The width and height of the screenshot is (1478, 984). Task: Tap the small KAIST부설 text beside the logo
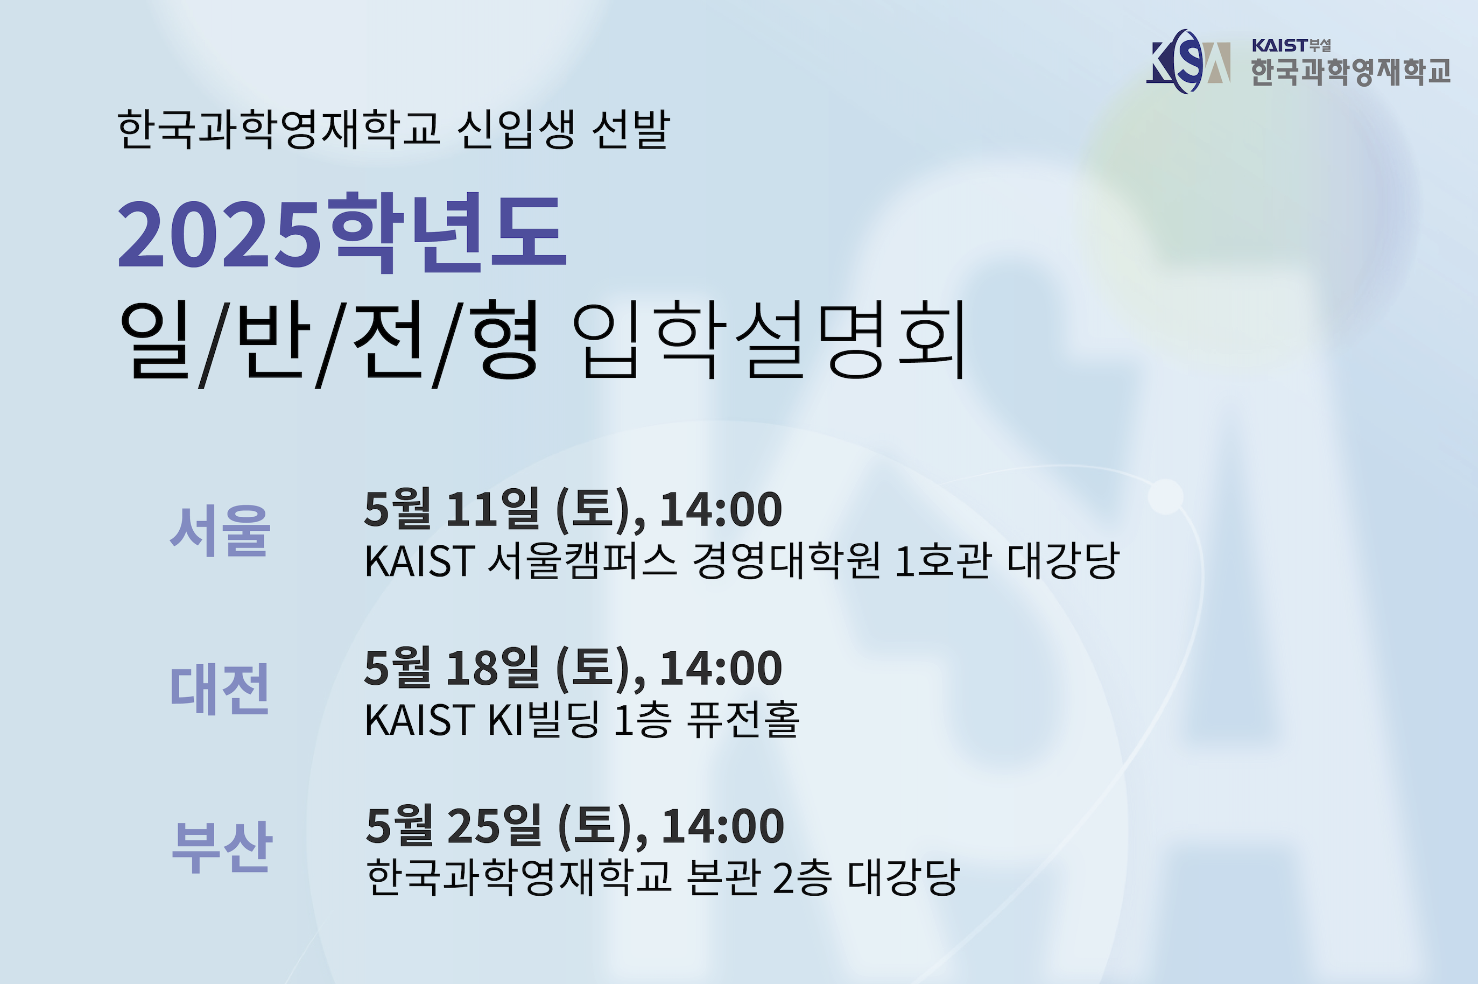coord(1291,45)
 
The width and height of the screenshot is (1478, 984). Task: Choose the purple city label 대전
coord(220,689)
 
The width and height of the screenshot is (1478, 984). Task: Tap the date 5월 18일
coord(452,667)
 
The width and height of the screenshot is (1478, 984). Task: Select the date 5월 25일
coord(454,825)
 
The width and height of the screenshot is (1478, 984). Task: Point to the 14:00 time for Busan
coord(723,826)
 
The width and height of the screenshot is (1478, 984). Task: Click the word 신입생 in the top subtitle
coord(516,129)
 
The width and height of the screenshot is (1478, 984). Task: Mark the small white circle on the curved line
coord(1166,496)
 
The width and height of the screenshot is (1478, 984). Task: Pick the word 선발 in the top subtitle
coord(631,129)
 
